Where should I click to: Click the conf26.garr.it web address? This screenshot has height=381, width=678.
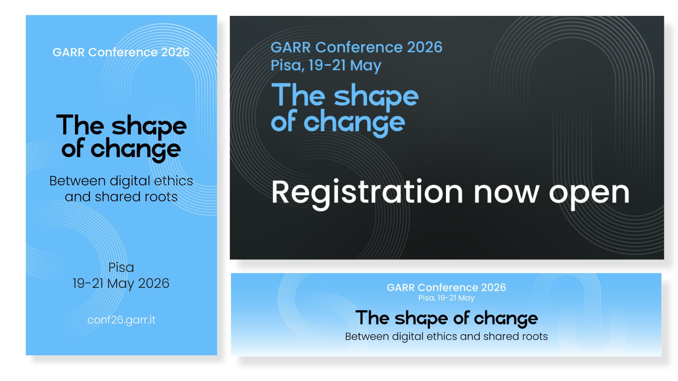click(121, 320)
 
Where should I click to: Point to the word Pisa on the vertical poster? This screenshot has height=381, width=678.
click(121, 267)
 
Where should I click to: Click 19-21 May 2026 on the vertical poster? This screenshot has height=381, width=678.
click(121, 283)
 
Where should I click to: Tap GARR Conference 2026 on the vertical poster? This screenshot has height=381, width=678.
click(121, 52)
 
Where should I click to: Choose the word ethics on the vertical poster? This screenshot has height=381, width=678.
click(173, 181)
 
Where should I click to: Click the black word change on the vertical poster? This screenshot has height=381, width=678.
click(136, 150)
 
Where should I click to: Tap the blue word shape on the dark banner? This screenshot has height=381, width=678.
click(376, 97)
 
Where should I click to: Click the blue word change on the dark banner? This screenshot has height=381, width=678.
click(354, 123)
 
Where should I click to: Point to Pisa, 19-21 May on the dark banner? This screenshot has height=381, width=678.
click(326, 66)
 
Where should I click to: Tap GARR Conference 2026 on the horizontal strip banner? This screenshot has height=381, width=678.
click(446, 288)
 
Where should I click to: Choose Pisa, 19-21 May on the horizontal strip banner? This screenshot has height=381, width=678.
click(446, 298)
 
